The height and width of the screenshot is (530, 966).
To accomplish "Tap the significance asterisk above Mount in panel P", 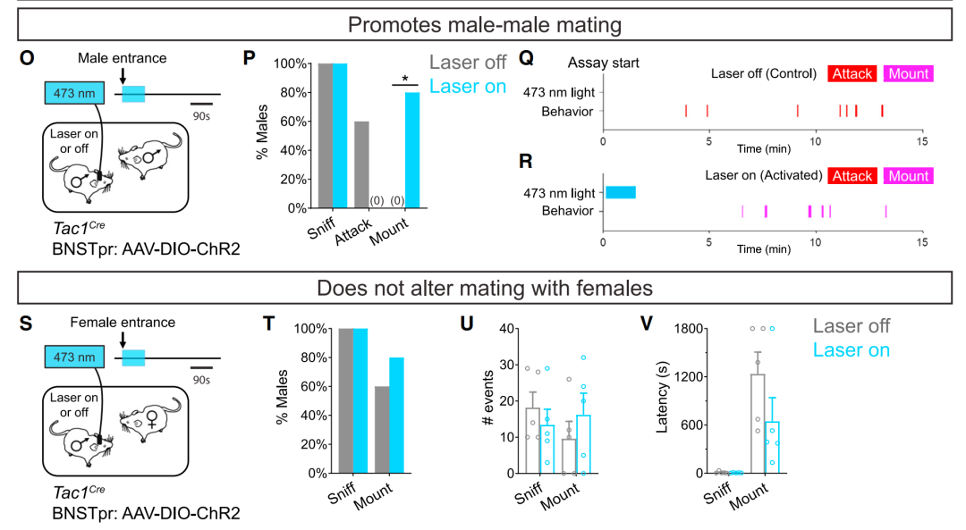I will pos(405,80).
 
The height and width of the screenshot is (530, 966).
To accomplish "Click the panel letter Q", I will pos(527,58).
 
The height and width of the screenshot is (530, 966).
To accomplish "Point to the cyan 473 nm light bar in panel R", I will pos(621,192).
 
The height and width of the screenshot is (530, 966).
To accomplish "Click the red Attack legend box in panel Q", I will pos(852,73).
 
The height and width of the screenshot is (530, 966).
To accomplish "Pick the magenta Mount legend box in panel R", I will pos(908,176).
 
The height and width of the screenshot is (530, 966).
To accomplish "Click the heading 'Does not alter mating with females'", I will pos(483,288).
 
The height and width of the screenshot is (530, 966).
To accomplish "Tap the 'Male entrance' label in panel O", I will pos(122,59).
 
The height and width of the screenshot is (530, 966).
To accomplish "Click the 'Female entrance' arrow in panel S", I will pos(122,339).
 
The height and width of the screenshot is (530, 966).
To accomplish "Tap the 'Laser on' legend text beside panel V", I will pos(850,350).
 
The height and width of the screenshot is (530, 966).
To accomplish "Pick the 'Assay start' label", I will pos(604,63).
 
